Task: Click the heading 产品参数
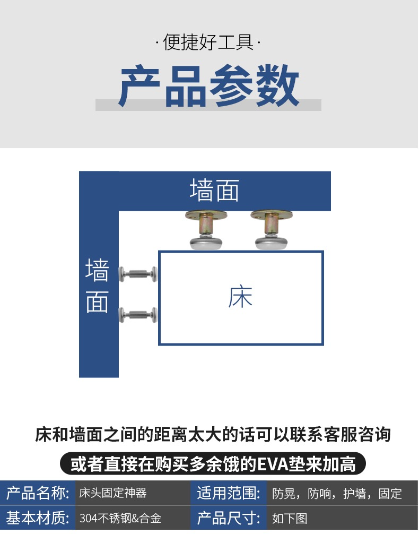208,86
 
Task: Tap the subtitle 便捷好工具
208,42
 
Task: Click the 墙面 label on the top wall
214,190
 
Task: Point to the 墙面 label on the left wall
98,286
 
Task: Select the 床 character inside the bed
240,297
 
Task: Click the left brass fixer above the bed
206,230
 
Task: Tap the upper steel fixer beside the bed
138,274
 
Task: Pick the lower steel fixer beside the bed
138,315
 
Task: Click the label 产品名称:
38,493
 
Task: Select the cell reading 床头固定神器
113,493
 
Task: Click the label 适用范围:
229,493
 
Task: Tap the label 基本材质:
38,518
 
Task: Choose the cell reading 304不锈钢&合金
120,518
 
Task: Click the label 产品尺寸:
229,518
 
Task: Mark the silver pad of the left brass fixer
206,243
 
